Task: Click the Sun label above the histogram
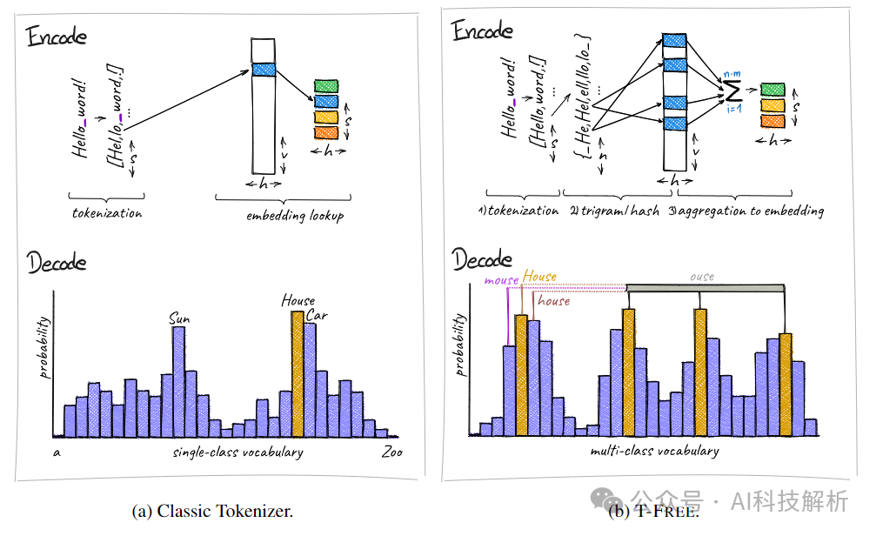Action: tap(178, 319)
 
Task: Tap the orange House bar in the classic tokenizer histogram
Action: tap(298, 374)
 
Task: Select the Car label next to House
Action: tap(317, 315)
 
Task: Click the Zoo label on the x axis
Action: tap(391, 452)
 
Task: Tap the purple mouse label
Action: tap(500, 280)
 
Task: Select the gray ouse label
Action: tap(702, 277)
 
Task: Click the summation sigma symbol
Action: tap(731, 90)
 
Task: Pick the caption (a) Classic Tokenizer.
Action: tap(212, 512)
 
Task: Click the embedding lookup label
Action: tap(289, 215)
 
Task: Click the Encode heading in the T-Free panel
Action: tap(483, 31)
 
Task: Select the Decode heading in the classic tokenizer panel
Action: tap(57, 261)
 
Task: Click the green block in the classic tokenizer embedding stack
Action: tap(325, 86)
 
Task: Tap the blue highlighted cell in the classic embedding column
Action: tap(263, 69)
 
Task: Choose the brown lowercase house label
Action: tap(553, 301)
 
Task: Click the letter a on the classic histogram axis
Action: tap(56, 453)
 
